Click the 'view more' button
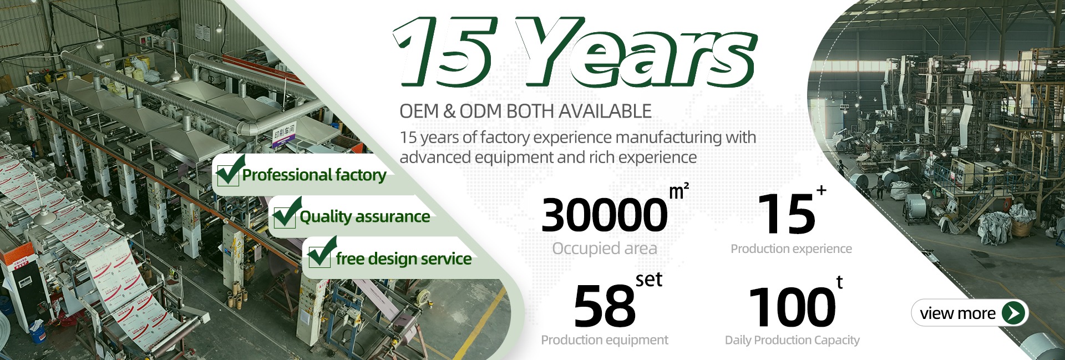click(970, 313)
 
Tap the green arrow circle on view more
click(1014, 313)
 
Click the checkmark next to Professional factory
click(230, 171)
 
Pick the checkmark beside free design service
click(322, 253)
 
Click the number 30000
click(605, 215)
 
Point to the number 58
click(604, 306)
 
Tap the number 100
click(792, 307)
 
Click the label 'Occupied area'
click(605, 249)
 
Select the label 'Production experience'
click(791, 249)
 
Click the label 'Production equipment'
click(605, 339)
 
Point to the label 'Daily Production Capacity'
click(792, 340)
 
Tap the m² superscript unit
click(679, 191)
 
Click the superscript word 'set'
click(649, 280)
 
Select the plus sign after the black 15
click(821, 190)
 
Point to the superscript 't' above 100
click(839, 283)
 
